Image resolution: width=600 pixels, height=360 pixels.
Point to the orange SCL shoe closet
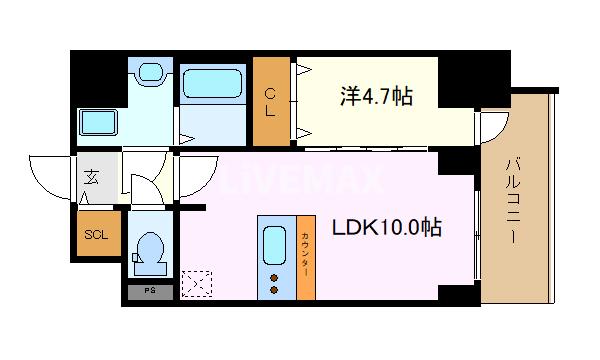(96, 236)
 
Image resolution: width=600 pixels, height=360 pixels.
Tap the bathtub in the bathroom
(212, 80)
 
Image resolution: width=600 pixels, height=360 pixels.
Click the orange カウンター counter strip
(306, 257)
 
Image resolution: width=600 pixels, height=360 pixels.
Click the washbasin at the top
(152, 72)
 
